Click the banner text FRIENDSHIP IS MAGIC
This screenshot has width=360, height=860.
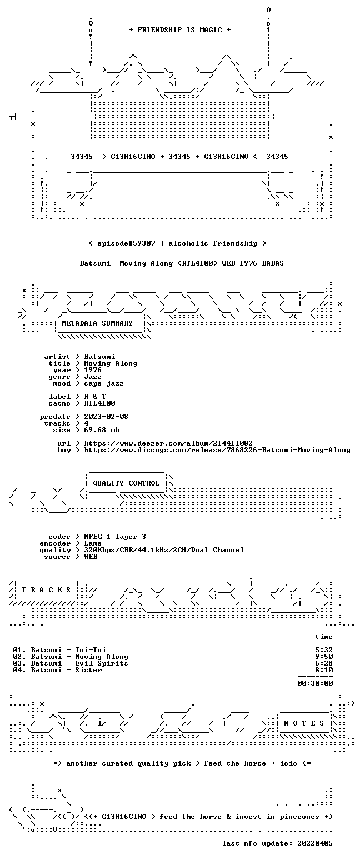pyautogui.click(x=180, y=30)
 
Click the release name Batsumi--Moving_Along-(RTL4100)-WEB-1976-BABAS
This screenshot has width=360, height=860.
pyautogui.click(x=182, y=263)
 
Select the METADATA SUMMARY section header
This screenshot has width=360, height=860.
pyautogui.click(x=97, y=323)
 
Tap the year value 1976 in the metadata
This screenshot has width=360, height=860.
pyautogui.click(x=93, y=370)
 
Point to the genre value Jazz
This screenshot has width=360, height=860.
pyautogui.click(x=93, y=377)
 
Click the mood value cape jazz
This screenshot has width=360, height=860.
pyautogui.click(x=104, y=383)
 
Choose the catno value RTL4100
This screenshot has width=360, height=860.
pyautogui.click(x=100, y=403)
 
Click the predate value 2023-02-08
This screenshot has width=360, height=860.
pyautogui.click(x=106, y=417)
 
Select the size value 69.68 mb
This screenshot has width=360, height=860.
pyautogui.click(x=102, y=430)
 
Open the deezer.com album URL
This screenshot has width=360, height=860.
pyautogui.click(x=168, y=443)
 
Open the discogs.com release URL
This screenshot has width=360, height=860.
pyautogui.click(x=217, y=450)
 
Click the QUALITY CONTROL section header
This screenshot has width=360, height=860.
pyautogui.click(x=126, y=483)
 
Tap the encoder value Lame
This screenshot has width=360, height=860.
pyautogui.click(x=93, y=543)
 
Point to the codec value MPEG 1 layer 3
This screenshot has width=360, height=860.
pyautogui.click(x=115, y=536)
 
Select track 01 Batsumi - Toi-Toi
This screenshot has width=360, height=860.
pyautogui.click(x=59, y=649)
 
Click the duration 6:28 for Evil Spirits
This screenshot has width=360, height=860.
pyautogui.click(x=324, y=663)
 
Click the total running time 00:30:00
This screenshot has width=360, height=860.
pyautogui.click(x=315, y=683)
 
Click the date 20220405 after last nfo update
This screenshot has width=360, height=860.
pyautogui.click(x=315, y=843)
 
